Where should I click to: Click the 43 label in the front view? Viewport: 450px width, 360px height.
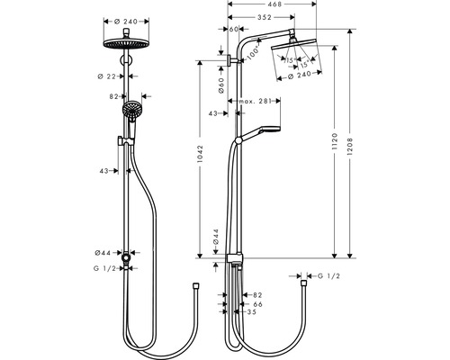(105, 170)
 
